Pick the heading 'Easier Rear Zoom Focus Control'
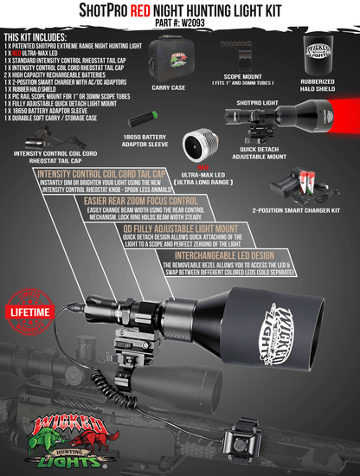coord(125,202)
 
